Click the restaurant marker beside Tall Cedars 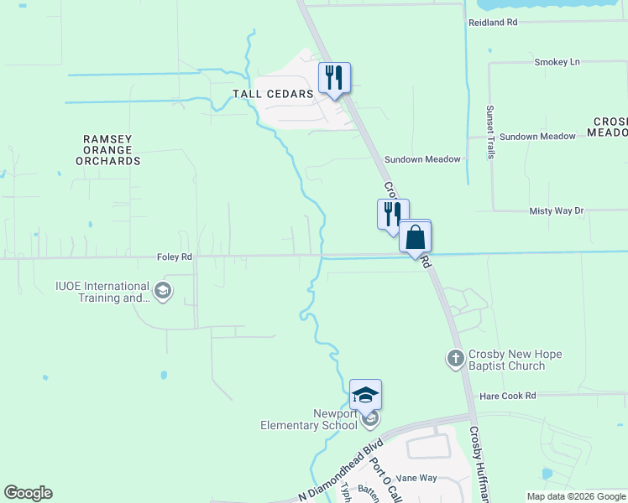click(334, 79)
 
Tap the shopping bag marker click(415, 236)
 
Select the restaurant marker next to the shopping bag click(392, 215)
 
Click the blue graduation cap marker click(366, 395)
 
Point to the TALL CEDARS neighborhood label click(279, 94)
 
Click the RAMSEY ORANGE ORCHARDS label click(112, 149)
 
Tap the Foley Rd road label click(175, 257)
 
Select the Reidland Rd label click(492, 22)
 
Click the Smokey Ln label click(557, 63)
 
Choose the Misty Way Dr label click(556, 211)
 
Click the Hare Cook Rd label click(507, 395)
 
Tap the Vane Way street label click(417, 478)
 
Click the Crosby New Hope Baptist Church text click(515, 360)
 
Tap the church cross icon click(455, 359)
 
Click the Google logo click(28, 493)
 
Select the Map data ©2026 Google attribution click(576, 496)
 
